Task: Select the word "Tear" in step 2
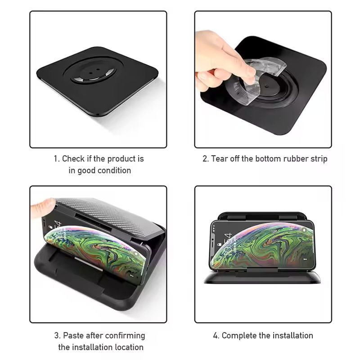(220, 158)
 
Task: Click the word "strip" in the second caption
(319, 158)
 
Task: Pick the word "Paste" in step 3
(73, 335)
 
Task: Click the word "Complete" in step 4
(238, 335)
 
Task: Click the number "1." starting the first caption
(57, 158)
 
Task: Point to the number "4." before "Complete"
(216, 335)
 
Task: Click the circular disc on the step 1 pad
(93, 73)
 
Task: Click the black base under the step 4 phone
(263, 278)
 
